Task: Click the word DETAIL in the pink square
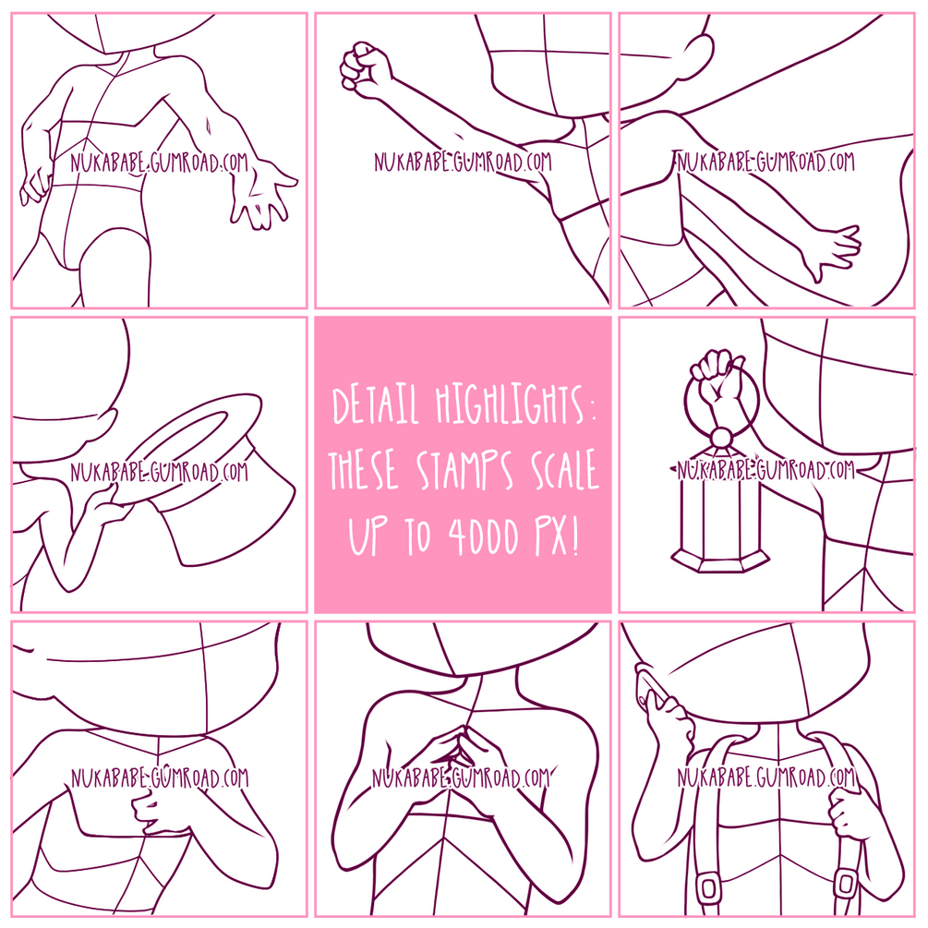tap(376, 405)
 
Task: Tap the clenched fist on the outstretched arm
tap(366, 68)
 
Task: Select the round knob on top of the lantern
tap(721, 439)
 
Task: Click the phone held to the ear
tap(645, 685)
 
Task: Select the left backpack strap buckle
tap(708, 886)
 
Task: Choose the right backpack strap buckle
tap(848, 885)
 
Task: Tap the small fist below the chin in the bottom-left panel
tap(147, 808)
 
